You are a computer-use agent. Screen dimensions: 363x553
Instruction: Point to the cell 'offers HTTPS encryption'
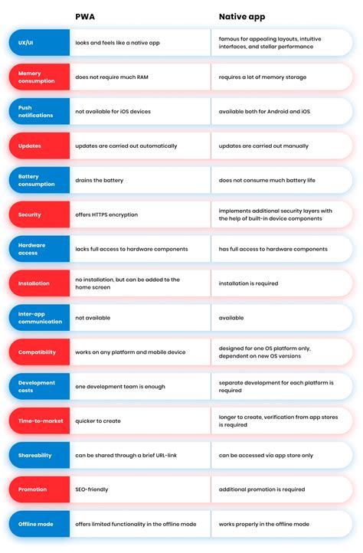tap(106, 214)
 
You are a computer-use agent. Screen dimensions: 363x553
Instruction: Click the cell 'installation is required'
tap(248, 283)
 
